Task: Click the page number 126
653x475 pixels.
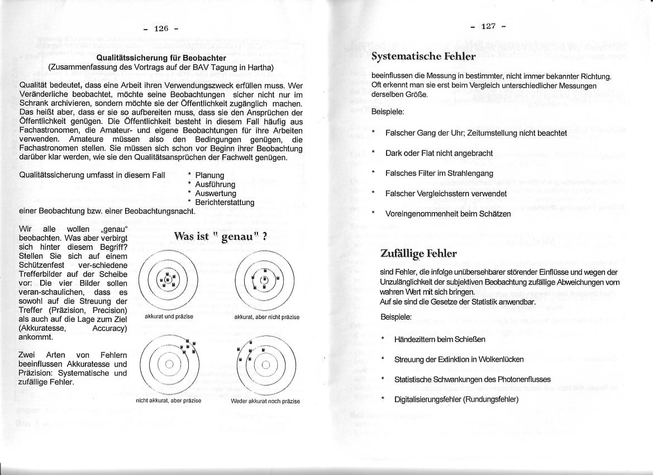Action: tap(161, 28)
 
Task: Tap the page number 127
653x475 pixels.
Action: tap(488, 26)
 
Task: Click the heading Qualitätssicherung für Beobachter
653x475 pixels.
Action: tap(161, 58)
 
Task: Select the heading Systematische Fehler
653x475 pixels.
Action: tap(423, 56)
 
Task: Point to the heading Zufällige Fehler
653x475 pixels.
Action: tap(418, 254)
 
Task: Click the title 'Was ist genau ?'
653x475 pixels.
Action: tap(220, 236)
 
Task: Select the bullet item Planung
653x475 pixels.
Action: tap(209, 175)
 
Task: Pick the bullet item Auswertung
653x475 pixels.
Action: tap(216, 193)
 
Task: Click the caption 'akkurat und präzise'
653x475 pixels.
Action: tap(169, 317)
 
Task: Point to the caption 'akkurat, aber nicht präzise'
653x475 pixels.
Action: tap(266, 317)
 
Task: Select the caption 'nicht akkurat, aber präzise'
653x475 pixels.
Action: tap(168, 401)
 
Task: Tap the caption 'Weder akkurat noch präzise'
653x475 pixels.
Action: tap(265, 401)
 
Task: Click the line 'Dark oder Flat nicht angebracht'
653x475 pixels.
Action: tap(439, 153)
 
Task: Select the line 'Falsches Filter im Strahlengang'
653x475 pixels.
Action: tap(439, 173)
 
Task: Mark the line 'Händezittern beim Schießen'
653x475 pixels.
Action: tap(440, 339)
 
